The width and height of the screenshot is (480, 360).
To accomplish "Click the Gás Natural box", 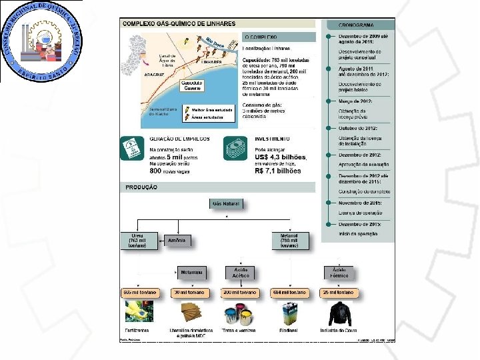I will (225, 203).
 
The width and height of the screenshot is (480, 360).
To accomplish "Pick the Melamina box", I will (191, 272).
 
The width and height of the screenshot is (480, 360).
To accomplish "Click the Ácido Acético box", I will (240, 272).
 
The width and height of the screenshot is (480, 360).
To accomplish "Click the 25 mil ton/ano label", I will (339, 293).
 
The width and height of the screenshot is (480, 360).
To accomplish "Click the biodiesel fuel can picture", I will (289, 313).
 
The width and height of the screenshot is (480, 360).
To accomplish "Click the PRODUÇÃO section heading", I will (142, 187).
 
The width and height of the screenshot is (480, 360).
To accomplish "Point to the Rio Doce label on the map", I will (215, 41).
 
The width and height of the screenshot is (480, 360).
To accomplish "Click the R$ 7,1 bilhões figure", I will (278, 171).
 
